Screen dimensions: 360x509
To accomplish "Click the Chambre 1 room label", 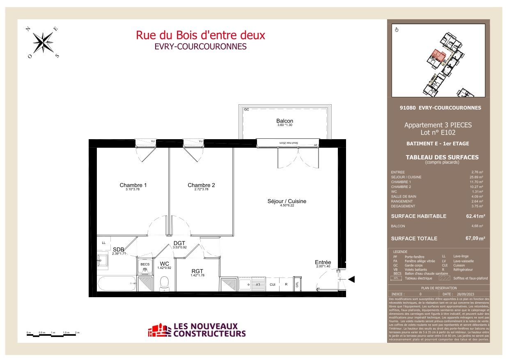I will pyautogui.click(x=133, y=185).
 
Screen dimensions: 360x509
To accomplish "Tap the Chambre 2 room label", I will pyautogui.click(x=201, y=185).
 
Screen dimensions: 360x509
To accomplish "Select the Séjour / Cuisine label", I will pyautogui.click(x=287, y=201).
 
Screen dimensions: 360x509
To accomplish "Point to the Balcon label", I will pyautogui.click(x=284, y=121).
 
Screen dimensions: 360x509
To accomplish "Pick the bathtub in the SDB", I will pyautogui.click(x=117, y=283).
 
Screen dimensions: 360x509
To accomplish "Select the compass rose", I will pyautogui.click(x=44, y=41).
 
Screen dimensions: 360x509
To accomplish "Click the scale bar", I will pyautogui.click(x=53, y=335).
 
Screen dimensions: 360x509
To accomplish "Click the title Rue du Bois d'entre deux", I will pyautogui.click(x=200, y=35).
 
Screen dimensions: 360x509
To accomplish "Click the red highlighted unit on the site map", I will pyautogui.click(x=439, y=56).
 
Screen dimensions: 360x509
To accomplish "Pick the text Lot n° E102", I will pyautogui.click(x=438, y=133).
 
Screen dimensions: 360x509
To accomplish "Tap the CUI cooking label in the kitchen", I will pyautogui.click(x=273, y=284).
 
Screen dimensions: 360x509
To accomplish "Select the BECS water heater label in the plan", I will pyautogui.click(x=145, y=264).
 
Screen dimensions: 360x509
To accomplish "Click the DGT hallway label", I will pyautogui.click(x=180, y=243).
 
